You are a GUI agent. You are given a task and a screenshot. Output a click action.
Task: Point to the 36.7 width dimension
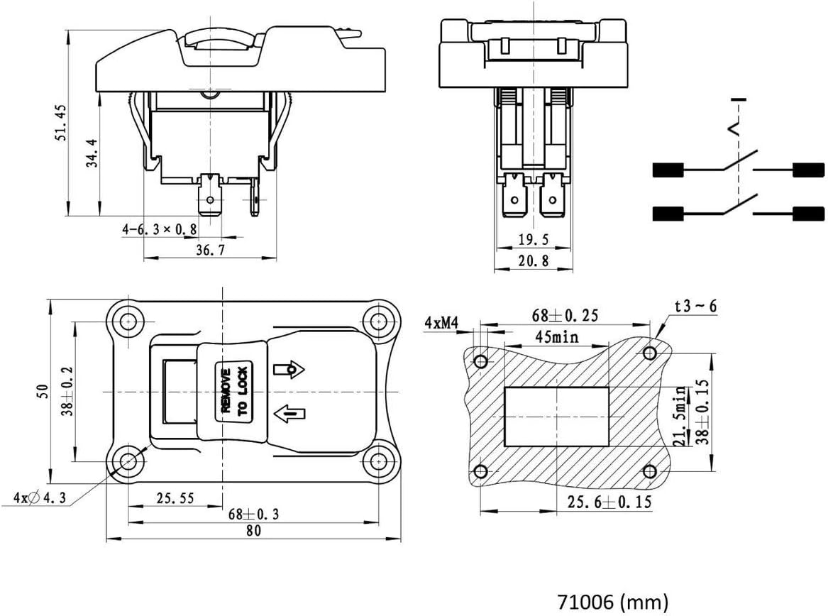pyautogui.click(x=211, y=251)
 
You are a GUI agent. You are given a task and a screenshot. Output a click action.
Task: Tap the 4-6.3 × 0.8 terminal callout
pyautogui.click(x=160, y=229)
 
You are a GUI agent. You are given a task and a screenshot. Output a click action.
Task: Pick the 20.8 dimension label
pyautogui.click(x=534, y=261)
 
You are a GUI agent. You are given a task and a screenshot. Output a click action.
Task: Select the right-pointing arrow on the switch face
pyautogui.click(x=288, y=369)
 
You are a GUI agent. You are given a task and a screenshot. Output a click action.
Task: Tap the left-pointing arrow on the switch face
pyautogui.click(x=288, y=412)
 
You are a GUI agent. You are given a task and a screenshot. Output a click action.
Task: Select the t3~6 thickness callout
pyautogui.click(x=695, y=307)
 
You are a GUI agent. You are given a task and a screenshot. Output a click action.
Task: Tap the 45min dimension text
pyautogui.click(x=556, y=336)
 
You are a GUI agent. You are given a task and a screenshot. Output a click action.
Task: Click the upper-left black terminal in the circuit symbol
pyautogui.click(x=668, y=170)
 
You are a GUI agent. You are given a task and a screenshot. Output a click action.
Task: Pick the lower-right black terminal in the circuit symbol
pyautogui.click(x=809, y=214)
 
